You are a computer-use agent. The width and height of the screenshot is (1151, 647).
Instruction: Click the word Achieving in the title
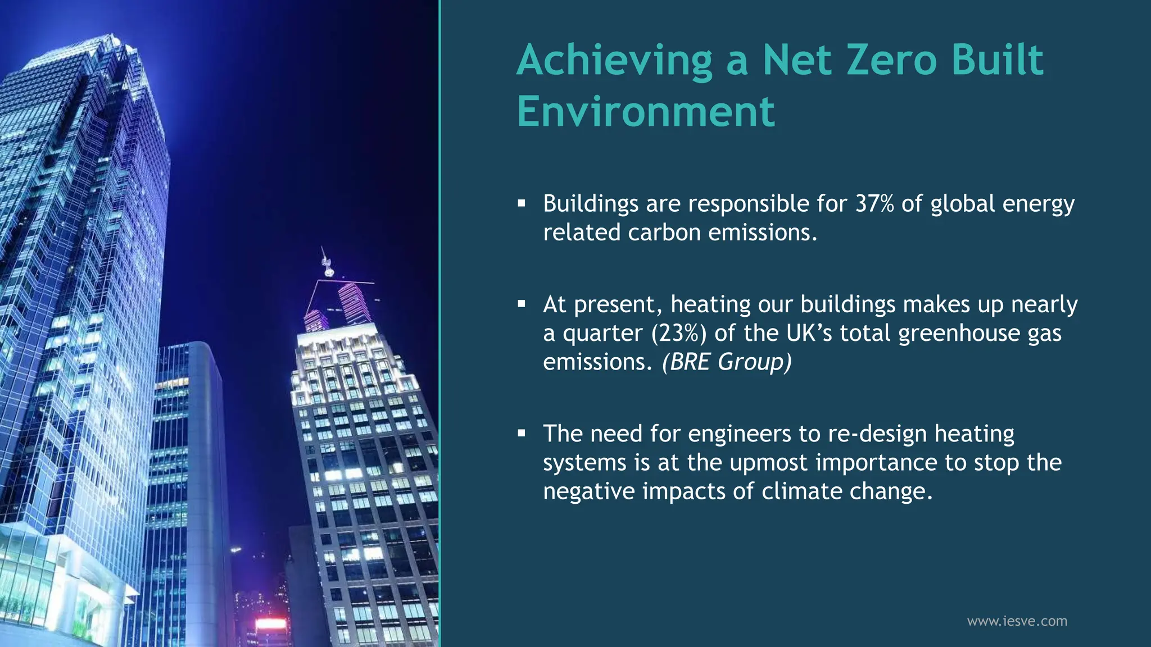614,61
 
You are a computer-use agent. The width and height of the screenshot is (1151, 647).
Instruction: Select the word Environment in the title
646,111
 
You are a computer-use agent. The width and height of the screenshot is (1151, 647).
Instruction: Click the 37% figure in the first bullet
874,203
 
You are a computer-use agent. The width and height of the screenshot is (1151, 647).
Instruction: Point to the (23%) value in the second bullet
679,333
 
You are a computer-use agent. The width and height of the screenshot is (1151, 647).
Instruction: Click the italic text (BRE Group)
727,362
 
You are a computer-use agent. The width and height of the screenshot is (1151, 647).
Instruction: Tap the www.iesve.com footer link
1017,621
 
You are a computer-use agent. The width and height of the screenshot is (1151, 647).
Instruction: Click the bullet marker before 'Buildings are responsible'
522,203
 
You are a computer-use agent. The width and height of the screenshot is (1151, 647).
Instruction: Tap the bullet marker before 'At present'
522,304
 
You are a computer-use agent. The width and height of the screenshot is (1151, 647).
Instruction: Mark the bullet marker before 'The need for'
522,434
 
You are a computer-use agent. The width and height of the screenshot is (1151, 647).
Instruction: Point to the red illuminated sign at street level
271,623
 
